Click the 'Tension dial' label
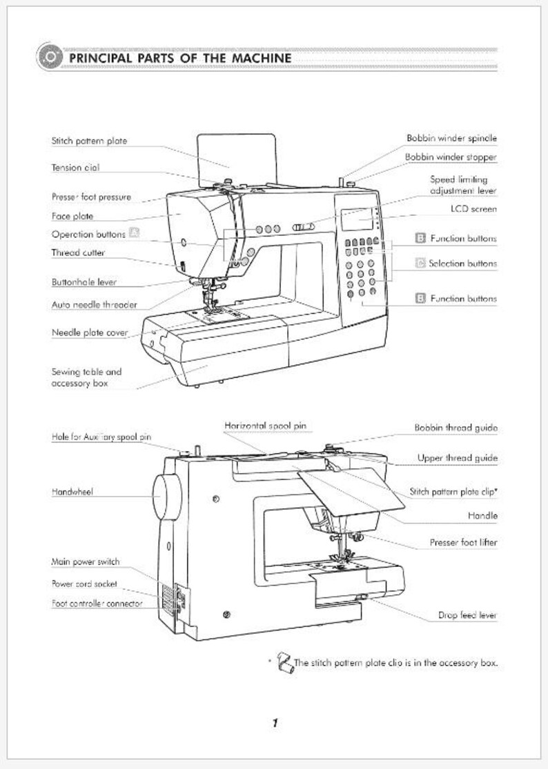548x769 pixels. [75, 167]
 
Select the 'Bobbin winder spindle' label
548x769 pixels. [451, 139]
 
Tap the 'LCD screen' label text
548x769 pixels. [473, 209]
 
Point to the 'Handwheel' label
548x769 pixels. [72, 492]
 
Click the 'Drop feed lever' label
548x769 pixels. [467, 615]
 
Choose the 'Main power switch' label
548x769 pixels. [86, 561]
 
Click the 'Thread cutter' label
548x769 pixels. [78, 252]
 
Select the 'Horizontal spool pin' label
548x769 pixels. [265, 426]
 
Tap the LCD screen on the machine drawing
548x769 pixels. [357, 219]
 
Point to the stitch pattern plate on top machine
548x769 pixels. [237, 158]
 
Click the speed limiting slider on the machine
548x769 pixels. [303, 227]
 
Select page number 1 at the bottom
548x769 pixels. [275, 722]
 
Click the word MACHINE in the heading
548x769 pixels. [262, 58]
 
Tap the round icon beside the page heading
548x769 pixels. [50, 57]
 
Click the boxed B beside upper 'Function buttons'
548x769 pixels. [420, 238]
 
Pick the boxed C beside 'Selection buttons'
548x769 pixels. [420, 263]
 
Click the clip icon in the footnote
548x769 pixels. [284, 662]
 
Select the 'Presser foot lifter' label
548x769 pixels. [463, 542]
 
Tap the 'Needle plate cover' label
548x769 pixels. [90, 332]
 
